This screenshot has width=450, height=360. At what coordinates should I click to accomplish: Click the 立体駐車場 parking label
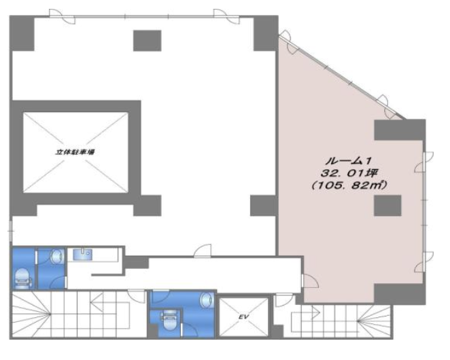point(75,152)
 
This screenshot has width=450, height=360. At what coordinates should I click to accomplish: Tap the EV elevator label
point(243,317)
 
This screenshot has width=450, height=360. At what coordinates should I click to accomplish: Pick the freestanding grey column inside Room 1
point(387,205)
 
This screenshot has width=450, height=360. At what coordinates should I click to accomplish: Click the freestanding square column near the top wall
point(148,41)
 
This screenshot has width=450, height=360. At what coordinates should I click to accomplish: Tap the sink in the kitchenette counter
point(82,255)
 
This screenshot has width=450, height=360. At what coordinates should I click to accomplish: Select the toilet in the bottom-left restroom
point(23,278)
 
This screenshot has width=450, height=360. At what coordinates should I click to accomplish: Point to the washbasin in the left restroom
point(57,256)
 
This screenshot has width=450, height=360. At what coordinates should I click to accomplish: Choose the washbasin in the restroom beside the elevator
point(207,300)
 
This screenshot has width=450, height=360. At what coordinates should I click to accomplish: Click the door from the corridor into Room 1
point(311,281)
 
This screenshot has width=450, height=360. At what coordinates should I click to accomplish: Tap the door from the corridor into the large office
point(203,251)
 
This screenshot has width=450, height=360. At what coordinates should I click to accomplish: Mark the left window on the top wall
point(62,16)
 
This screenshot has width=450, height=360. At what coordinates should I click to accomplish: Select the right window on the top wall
point(226,16)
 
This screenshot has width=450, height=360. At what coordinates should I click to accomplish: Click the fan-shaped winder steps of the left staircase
point(31,314)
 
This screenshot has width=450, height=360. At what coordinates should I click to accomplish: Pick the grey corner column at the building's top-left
point(22,33)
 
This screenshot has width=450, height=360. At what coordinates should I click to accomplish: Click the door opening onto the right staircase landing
point(284,300)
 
